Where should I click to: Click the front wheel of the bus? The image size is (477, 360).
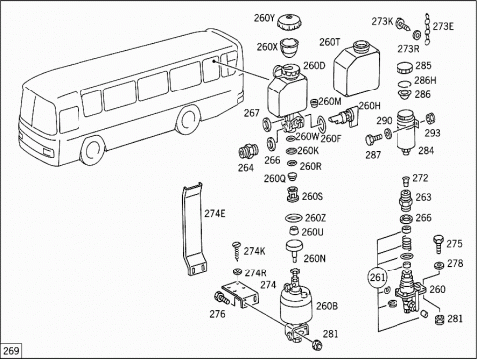click(x=91, y=150)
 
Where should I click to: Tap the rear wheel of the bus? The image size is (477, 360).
click(x=188, y=119)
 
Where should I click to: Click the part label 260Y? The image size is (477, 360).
click(x=264, y=18)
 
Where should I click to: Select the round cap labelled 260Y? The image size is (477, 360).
click(x=289, y=23)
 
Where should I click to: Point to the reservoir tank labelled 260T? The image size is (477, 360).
click(x=356, y=69)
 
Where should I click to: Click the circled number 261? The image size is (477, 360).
click(x=377, y=277)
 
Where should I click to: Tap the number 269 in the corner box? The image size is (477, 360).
click(x=11, y=351)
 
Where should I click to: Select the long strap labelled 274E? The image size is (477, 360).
click(x=193, y=230)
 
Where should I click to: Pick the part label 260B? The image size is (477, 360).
click(x=327, y=306)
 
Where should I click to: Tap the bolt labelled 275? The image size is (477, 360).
click(x=438, y=245)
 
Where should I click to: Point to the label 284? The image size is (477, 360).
click(x=426, y=150)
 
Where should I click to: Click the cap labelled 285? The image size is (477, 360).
click(x=405, y=68)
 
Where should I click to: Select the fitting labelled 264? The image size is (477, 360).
click(x=248, y=152)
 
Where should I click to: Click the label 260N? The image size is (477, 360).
click(x=315, y=258)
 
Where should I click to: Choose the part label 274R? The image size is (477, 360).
click(x=255, y=273)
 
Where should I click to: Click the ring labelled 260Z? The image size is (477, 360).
click(x=294, y=218)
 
